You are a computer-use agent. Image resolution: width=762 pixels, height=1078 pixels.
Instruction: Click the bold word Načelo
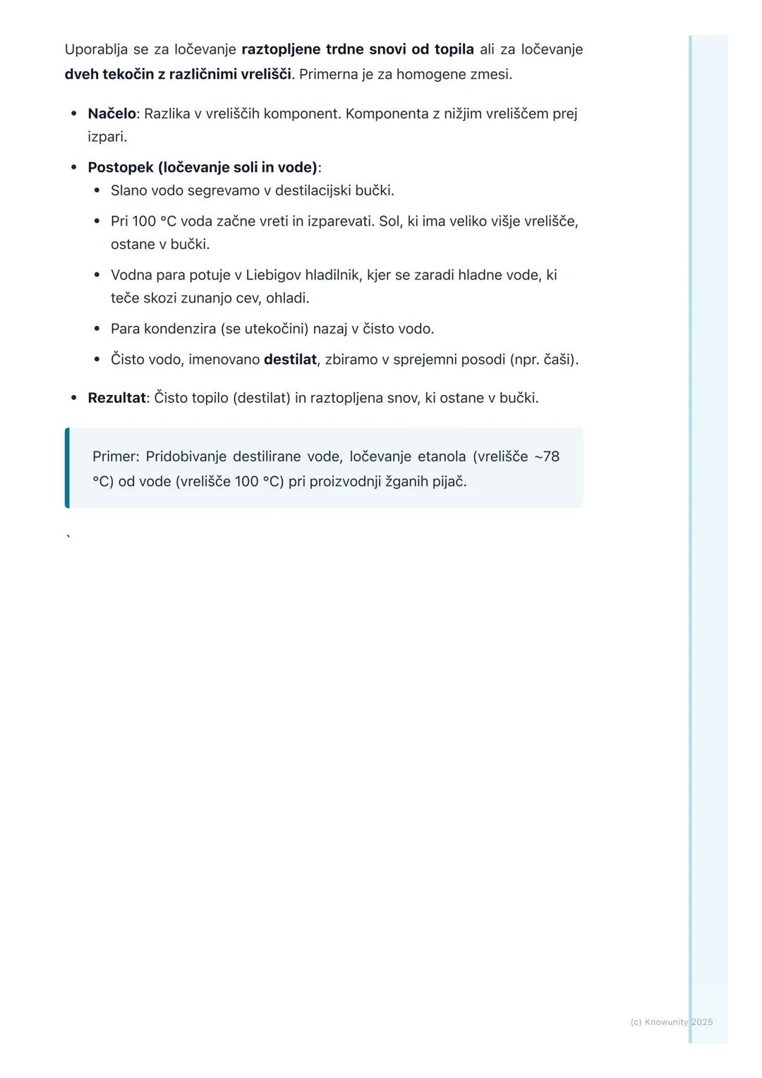tap(111, 114)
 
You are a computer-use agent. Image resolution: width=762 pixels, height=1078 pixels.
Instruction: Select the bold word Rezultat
tap(116, 398)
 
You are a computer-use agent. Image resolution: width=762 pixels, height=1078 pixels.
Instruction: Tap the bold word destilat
tap(290, 360)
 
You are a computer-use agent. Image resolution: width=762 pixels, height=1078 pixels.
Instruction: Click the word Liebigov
tap(273, 275)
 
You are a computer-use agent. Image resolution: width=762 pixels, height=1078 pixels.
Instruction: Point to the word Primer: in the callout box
tap(116, 456)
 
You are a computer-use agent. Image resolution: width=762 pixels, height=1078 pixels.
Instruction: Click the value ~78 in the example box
tap(547, 456)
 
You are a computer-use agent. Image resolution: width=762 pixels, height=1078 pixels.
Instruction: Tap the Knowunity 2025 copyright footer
tap(671, 1022)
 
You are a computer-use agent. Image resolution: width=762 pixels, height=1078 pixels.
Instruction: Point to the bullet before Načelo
tap(74, 114)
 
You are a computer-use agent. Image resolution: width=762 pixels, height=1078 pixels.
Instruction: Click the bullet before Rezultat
tap(74, 398)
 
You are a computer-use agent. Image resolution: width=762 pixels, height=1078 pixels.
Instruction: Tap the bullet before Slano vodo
tap(97, 190)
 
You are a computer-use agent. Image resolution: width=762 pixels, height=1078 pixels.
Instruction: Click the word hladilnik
tap(332, 275)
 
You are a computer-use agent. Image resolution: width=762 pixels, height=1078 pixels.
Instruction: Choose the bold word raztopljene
tap(280, 49)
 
